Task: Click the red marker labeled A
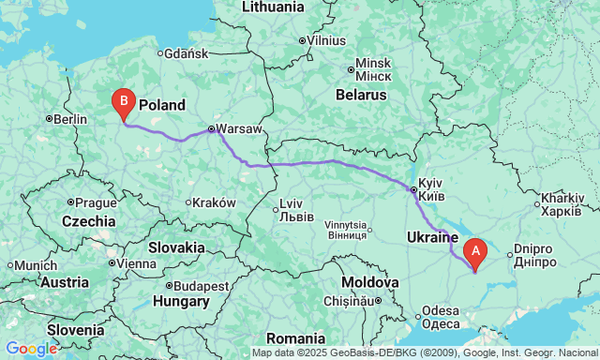tap(475, 251)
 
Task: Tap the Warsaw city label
tap(241, 129)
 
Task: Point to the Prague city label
tap(96, 202)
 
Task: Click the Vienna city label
tap(136, 263)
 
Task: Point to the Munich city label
tap(35, 265)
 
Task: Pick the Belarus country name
tap(361, 95)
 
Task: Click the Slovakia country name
tap(175, 247)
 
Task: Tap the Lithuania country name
tap(273, 7)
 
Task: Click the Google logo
tap(30, 349)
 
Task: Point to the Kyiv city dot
tap(413, 190)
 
